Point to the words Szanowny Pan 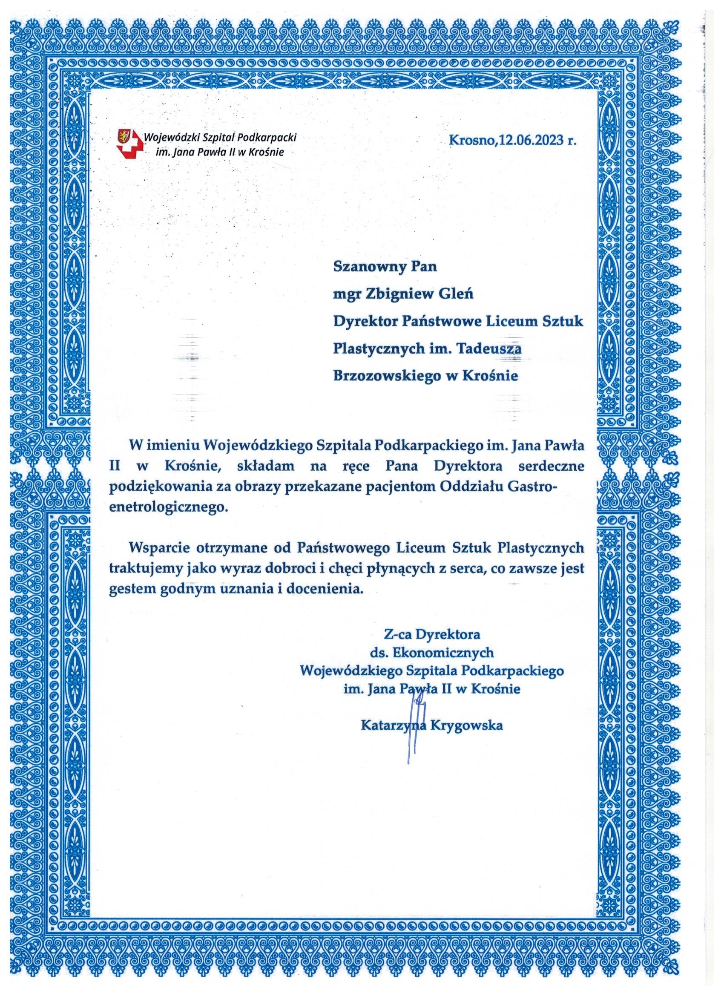385,267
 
